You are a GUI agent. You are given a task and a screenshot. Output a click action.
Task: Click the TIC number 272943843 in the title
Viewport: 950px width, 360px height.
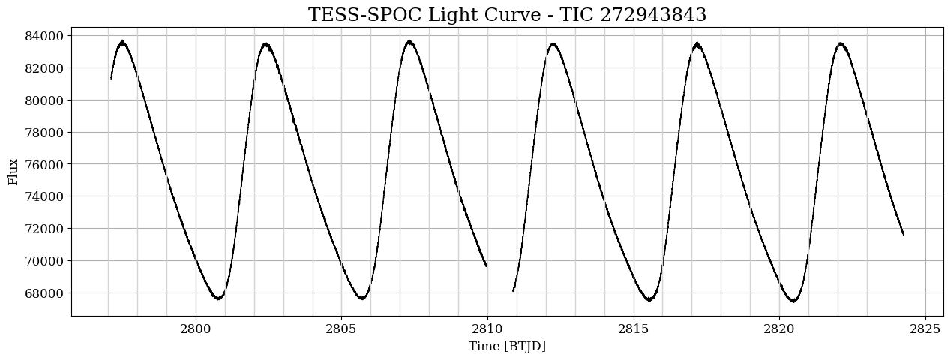click(x=653, y=15)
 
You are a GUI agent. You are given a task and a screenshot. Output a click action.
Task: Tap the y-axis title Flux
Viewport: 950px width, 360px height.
click(x=13, y=171)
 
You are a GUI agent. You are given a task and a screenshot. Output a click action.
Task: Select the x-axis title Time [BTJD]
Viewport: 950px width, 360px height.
click(x=507, y=346)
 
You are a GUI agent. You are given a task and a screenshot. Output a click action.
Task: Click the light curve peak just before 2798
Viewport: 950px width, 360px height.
click(x=122, y=42)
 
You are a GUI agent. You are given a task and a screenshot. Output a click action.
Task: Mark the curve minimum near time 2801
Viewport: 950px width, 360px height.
click(x=218, y=298)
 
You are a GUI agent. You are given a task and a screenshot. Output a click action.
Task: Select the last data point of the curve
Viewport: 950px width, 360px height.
click(x=904, y=235)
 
